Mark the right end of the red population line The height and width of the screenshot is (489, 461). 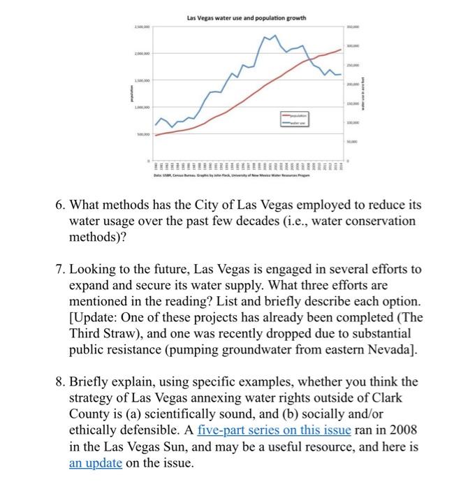coord(342,50)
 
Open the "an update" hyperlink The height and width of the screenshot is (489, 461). coord(94,462)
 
